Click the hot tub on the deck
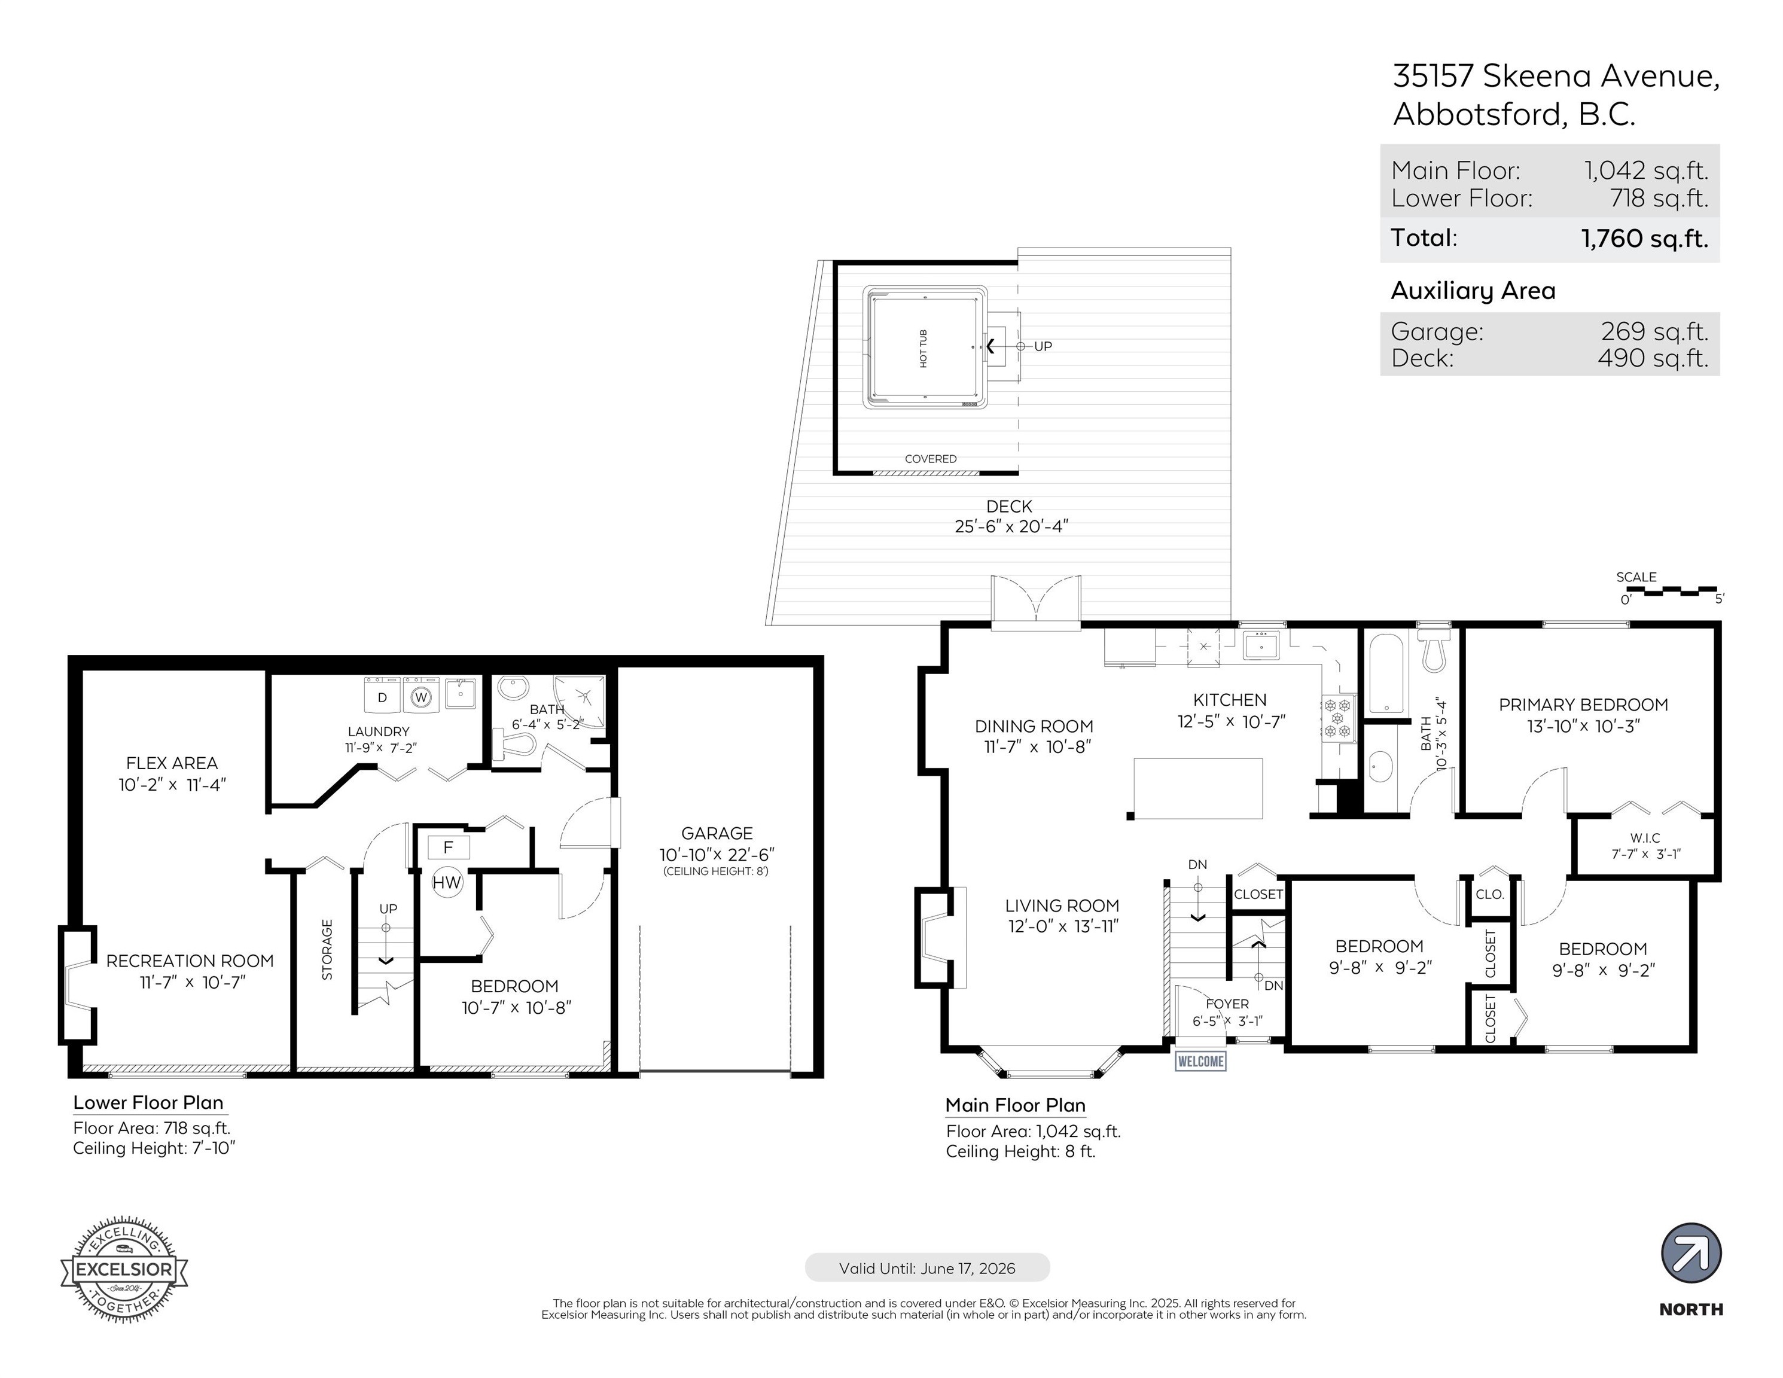coord(925,347)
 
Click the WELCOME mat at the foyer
coord(1200,1060)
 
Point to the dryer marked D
coord(381,696)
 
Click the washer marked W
coord(421,696)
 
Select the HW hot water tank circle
coord(447,882)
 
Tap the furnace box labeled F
coord(448,847)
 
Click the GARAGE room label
coord(717,833)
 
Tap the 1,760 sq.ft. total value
coord(1644,239)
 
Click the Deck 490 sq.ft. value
coord(1653,358)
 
